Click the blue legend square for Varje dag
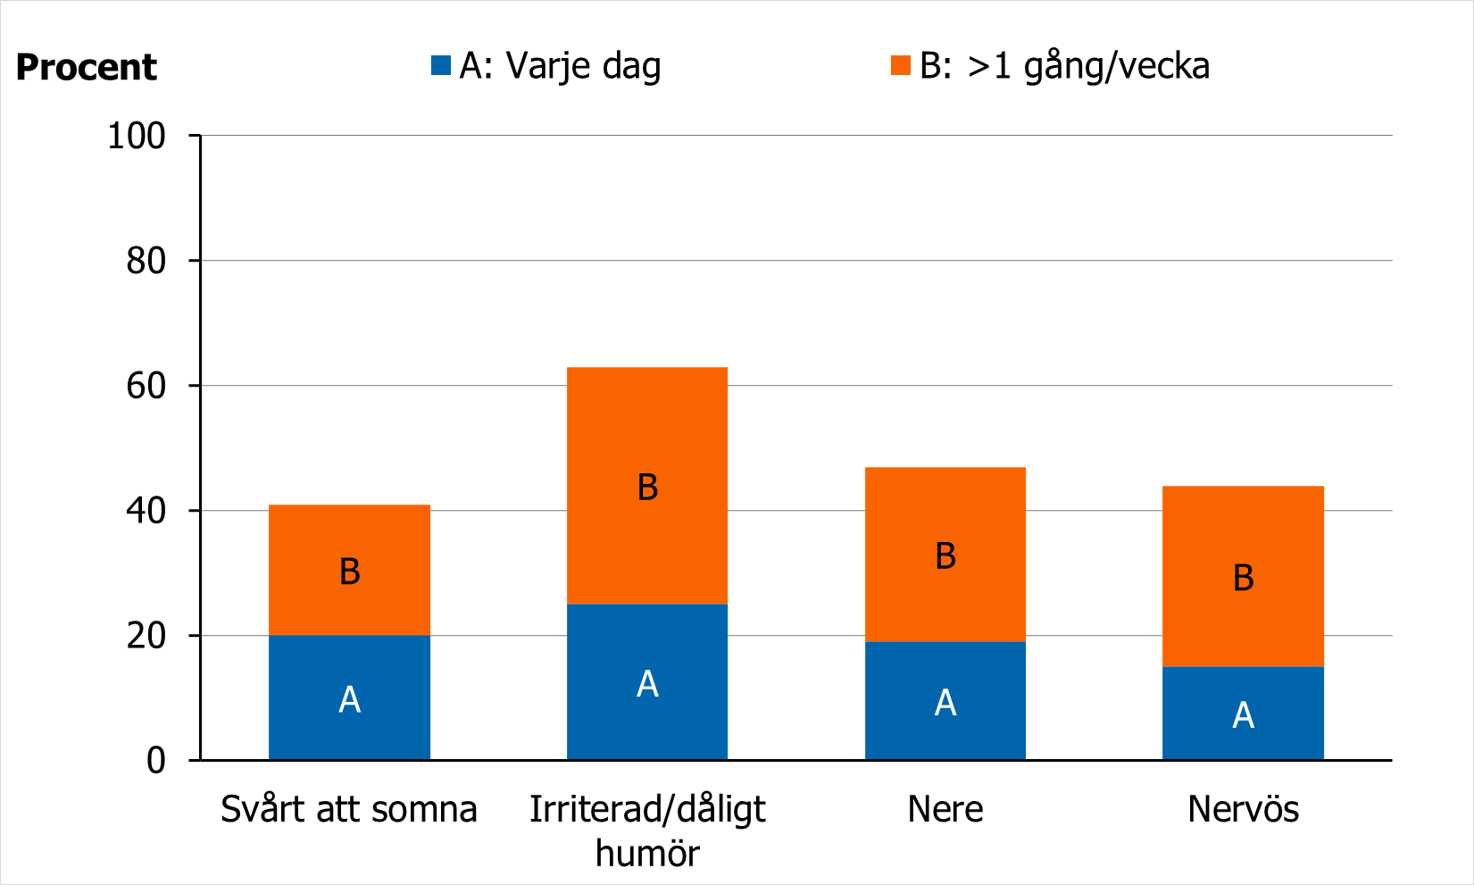[441, 65]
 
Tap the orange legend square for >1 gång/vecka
[901, 65]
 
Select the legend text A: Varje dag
[560, 66]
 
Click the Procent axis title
[87, 68]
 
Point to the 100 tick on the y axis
[137, 136]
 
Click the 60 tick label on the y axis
[146, 386]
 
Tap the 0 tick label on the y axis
[156, 761]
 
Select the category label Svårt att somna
[349, 809]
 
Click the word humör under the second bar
[647, 853]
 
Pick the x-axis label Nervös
[1243, 809]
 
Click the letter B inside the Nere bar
[945, 556]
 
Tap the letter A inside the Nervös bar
[1243, 715]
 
